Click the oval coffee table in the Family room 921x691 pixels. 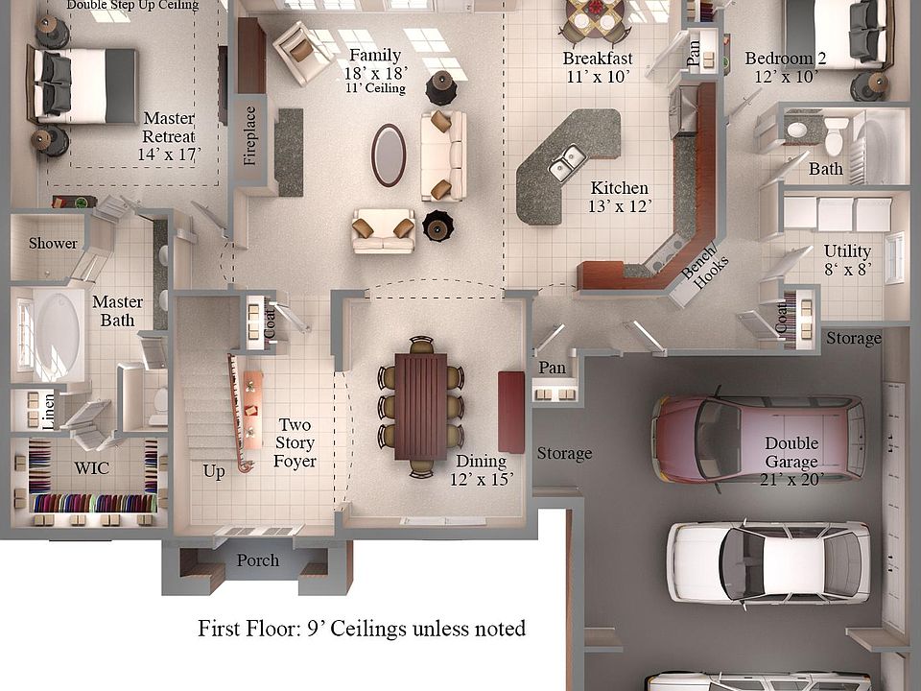click(389, 155)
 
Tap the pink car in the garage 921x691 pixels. click(757, 439)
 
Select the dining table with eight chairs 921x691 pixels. click(421, 406)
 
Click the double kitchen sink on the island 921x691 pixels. click(568, 163)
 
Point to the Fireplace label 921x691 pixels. click(250, 135)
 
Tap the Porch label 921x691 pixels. click(257, 560)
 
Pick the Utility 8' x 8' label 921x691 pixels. click(847, 260)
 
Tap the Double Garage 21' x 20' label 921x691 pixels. click(791, 461)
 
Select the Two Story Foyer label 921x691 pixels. click(295, 442)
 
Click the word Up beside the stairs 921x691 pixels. click(214, 471)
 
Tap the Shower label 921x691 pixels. click(53, 243)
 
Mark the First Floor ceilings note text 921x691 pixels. click(362, 630)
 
